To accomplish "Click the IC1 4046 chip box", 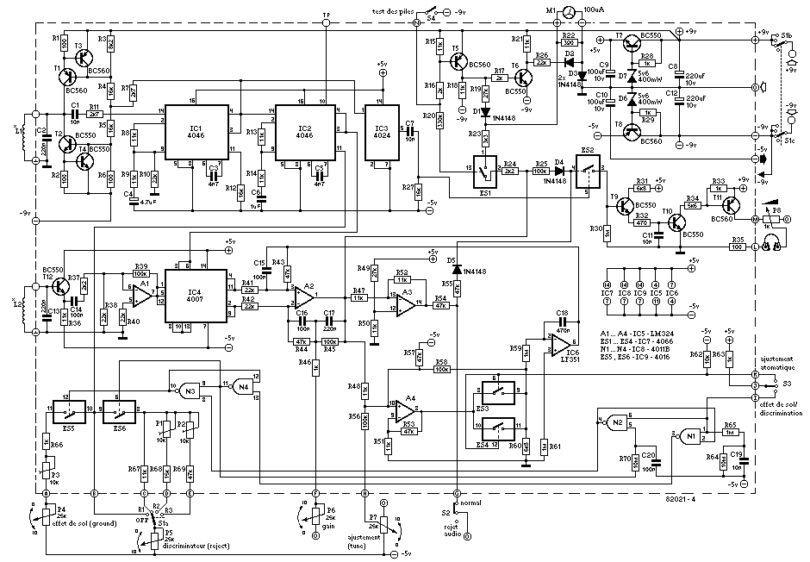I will [196, 132].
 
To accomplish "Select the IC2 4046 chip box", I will [306, 132].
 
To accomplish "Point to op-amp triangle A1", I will [140, 294].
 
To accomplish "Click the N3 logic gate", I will [190, 391].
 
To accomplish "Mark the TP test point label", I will [326, 15].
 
